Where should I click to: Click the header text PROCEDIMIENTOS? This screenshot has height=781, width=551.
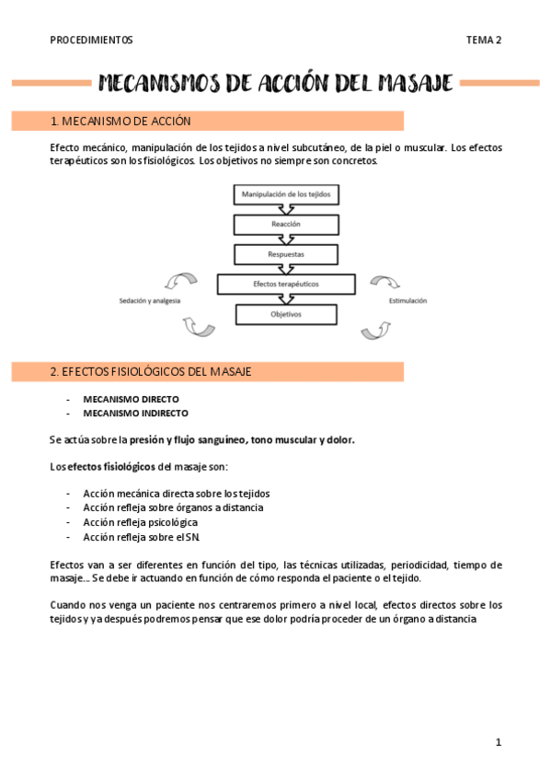pyautogui.click(x=91, y=40)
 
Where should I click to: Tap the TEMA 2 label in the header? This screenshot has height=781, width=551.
pyautogui.click(x=483, y=40)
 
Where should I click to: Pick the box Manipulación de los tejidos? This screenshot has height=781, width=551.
pyautogui.click(x=286, y=194)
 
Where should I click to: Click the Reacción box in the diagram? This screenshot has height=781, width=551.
pyautogui.click(x=286, y=224)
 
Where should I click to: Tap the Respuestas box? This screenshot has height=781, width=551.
pyautogui.click(x=286, y=253)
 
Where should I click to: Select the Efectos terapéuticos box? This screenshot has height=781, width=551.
pyautogui.click(x=286, y=284)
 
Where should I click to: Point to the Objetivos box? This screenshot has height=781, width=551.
pyautogui.click(x=286, y=314)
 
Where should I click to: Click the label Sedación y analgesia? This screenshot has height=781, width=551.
pyautogui.click(x=151, y=301)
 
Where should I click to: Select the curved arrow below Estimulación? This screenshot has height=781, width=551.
pyautogui.click(x=378, y=328)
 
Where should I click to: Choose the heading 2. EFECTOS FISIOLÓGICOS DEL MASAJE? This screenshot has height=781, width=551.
pyautogui.click(x=151, y=371)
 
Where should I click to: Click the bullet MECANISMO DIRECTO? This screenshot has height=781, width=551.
pyautogui.click(x=131, y=400)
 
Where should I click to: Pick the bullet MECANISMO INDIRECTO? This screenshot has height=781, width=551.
pyautogui.click(x=135, y=414)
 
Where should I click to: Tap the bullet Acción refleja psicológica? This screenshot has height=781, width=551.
pyautogui.click(x=140, y=522)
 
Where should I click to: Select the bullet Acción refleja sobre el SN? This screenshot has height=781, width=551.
pyautogui.click(x=141, y=536)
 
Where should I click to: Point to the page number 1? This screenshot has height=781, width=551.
pyautogui.click(x=499, y=741)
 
